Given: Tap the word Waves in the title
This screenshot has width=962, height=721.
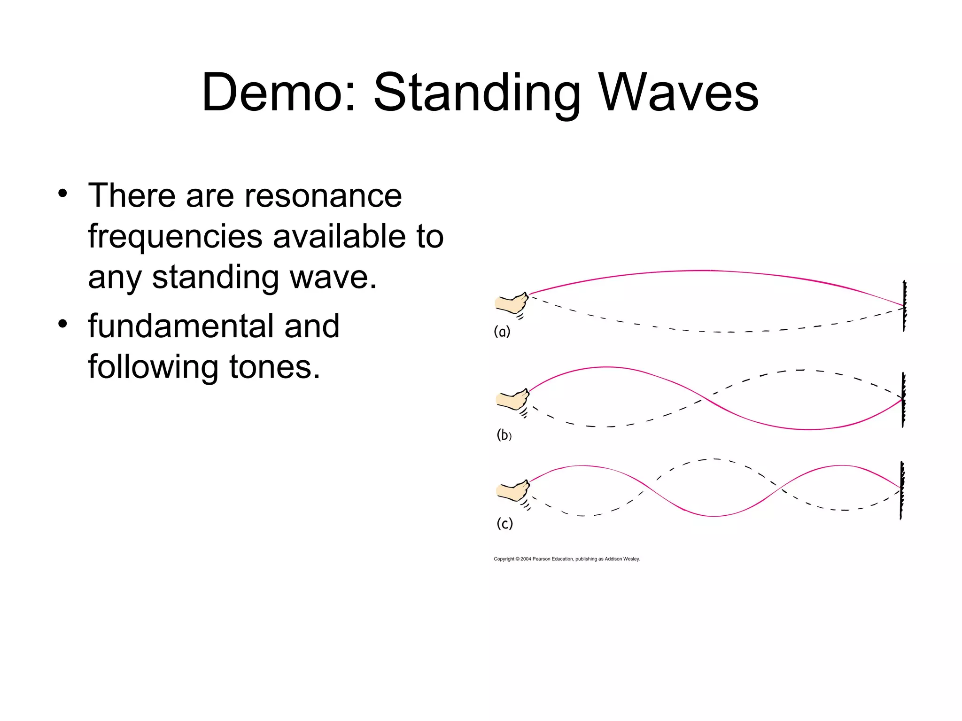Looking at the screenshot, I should [x=679, y=93].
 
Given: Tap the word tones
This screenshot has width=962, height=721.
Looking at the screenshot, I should [x=274, y=367].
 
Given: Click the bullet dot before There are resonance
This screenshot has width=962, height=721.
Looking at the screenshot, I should [x=63, y=193].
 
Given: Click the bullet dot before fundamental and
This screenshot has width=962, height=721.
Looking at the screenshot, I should [x=63, y=324].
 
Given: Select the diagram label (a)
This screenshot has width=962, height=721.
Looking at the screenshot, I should [x=502, y=332].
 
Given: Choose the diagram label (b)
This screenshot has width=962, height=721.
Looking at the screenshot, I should [x=504, y=435].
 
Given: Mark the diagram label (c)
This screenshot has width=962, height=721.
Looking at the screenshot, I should [x=504, y=523].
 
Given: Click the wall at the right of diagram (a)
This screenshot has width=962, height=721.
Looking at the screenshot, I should [x=904, y=306].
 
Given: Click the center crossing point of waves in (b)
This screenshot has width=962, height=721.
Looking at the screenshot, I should [x=705, y=398].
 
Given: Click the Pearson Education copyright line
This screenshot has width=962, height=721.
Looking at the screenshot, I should [x=566, y=559].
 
